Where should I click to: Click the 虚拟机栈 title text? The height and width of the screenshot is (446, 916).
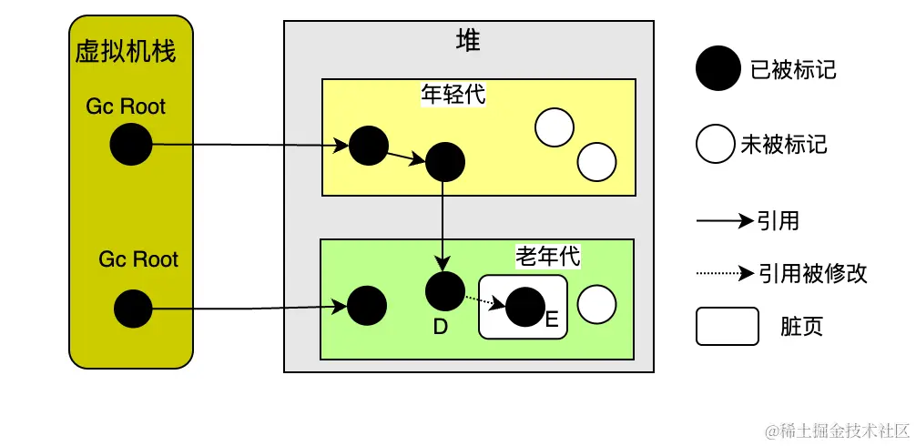pyautogui.click(x=126, y=51)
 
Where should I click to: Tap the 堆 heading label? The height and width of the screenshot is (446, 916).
pyautogui.click(x=468, y=40)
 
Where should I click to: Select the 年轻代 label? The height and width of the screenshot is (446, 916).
pyautogui.click(x=453, y=94)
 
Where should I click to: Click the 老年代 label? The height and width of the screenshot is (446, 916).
pyautogui.click(x=547, y=257)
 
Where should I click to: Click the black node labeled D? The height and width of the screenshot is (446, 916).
pyautogui.click(x=444, y=290)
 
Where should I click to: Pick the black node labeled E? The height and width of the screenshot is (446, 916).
pyautogui.click(x=524, y=308)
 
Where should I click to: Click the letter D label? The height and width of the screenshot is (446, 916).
pyautogui.click(x=441, y=327)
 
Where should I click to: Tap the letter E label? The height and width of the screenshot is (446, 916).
pyautogui.click(x=551, y=319)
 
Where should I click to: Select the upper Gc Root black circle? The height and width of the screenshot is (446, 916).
pyautogui.click(x=131, y=145)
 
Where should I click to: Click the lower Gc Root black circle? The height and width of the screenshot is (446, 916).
pyautogui.click(x=133, y=309)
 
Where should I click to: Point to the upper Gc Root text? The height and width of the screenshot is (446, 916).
pyautogui.click(x=126, y=106)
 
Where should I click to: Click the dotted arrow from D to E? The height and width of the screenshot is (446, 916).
pyautogui.click(x=483, y=299)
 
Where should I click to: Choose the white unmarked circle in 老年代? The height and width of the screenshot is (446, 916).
pyautogui.click(x=597, y=305)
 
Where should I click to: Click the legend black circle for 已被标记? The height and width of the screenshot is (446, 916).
pyautogui.click(x=718, y=69)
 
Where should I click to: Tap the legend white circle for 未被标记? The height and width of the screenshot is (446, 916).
pyautogui.click(x=716, y=145)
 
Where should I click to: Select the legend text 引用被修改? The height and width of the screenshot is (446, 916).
pyautogui.click(x=812, y=273)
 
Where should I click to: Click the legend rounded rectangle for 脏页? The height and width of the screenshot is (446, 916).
pyautogui.click(x=727, y=327)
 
